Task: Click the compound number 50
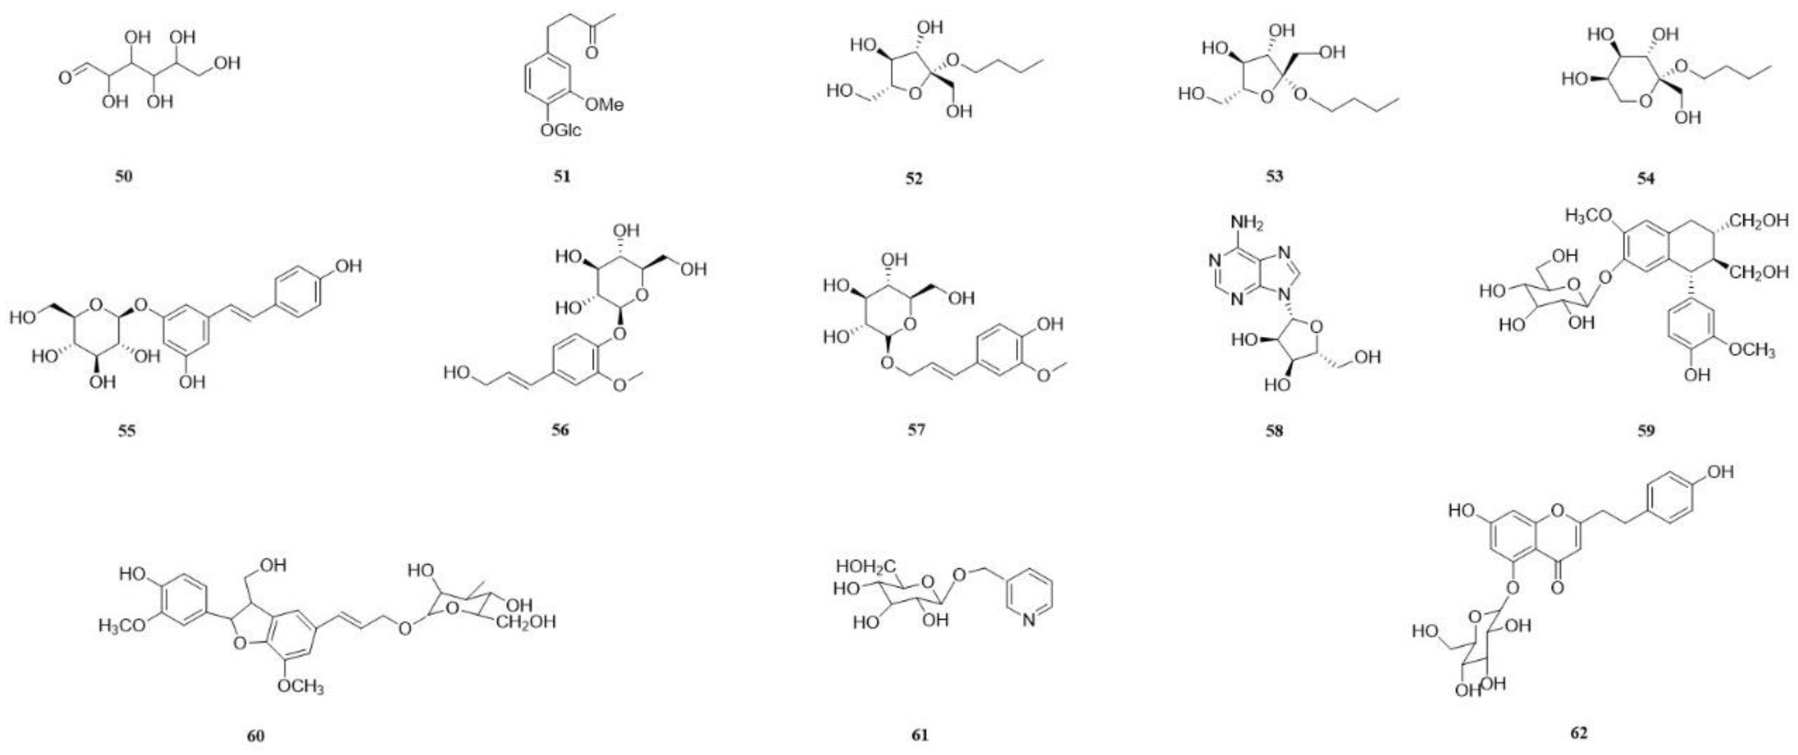[123, 176]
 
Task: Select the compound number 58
[1274, 431]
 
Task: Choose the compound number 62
[1579, 733]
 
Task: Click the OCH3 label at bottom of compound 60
[300, 687]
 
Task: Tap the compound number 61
[920, 735]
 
